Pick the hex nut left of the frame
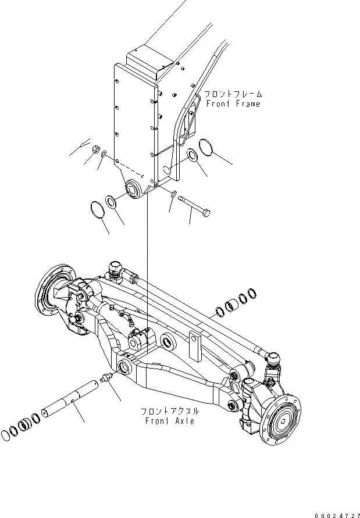(x=93, y=149)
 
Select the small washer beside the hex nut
(x=104, y=154)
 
